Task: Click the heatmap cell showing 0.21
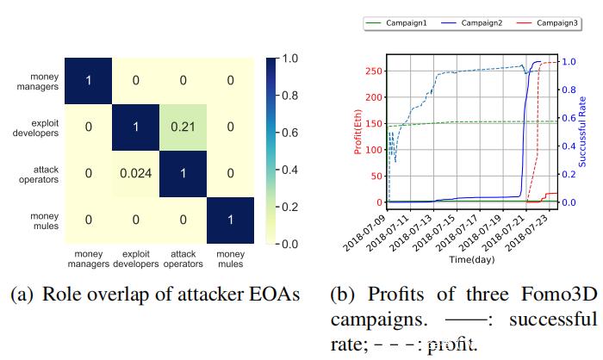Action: pos(183,127)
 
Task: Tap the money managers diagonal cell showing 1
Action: pos(88,80)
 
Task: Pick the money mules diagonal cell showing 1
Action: pos(230,220)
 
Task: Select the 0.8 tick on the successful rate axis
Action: pos(569,90)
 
